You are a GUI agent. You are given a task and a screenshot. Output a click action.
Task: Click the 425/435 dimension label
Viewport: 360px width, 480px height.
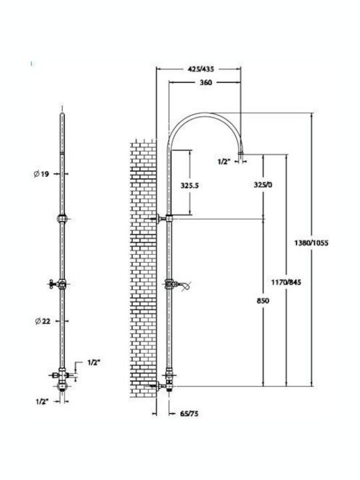201,69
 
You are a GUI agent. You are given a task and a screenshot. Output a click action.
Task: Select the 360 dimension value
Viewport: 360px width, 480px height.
206,83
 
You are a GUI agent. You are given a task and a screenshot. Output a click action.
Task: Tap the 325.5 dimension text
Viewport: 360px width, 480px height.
189,185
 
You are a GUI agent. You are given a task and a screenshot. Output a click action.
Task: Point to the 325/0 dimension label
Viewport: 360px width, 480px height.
263,185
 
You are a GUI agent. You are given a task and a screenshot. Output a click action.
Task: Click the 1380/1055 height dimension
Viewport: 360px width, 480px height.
311,243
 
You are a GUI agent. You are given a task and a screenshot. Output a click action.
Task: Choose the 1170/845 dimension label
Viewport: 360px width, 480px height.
286,282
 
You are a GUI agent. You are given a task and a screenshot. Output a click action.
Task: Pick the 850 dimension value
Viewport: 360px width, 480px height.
263,301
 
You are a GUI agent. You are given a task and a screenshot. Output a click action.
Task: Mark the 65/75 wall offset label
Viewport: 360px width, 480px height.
189,414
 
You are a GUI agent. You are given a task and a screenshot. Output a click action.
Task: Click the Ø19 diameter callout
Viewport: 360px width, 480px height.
41,174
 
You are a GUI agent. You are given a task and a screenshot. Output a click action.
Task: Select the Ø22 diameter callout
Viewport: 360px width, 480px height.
43,321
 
